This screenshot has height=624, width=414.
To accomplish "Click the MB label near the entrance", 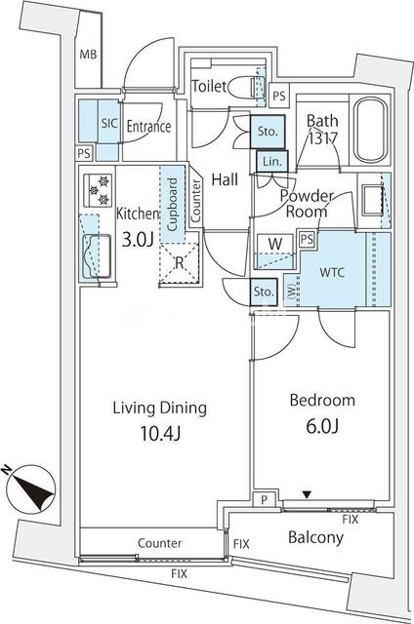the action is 88,55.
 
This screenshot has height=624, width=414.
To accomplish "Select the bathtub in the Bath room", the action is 371,130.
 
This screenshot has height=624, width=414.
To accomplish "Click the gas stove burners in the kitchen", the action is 98,190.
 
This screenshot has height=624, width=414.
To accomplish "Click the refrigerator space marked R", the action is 180,262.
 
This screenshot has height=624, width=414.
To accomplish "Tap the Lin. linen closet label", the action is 272,162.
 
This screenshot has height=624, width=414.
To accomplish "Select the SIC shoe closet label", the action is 108,124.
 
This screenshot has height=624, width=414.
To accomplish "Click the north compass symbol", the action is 31,489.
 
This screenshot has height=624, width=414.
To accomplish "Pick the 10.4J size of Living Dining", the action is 160,433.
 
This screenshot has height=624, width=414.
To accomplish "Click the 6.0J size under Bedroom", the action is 322,426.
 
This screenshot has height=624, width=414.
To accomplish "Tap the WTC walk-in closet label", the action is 332,273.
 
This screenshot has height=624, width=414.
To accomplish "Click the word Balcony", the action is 315,537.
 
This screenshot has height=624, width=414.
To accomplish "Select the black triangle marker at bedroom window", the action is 307,494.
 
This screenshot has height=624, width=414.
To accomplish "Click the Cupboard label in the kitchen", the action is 172,204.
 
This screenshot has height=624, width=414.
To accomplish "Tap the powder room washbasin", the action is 372,199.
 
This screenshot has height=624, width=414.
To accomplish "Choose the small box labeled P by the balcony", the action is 264,500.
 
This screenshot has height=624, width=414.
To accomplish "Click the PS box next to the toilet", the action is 279,96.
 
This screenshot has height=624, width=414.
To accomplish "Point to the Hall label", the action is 225,179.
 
